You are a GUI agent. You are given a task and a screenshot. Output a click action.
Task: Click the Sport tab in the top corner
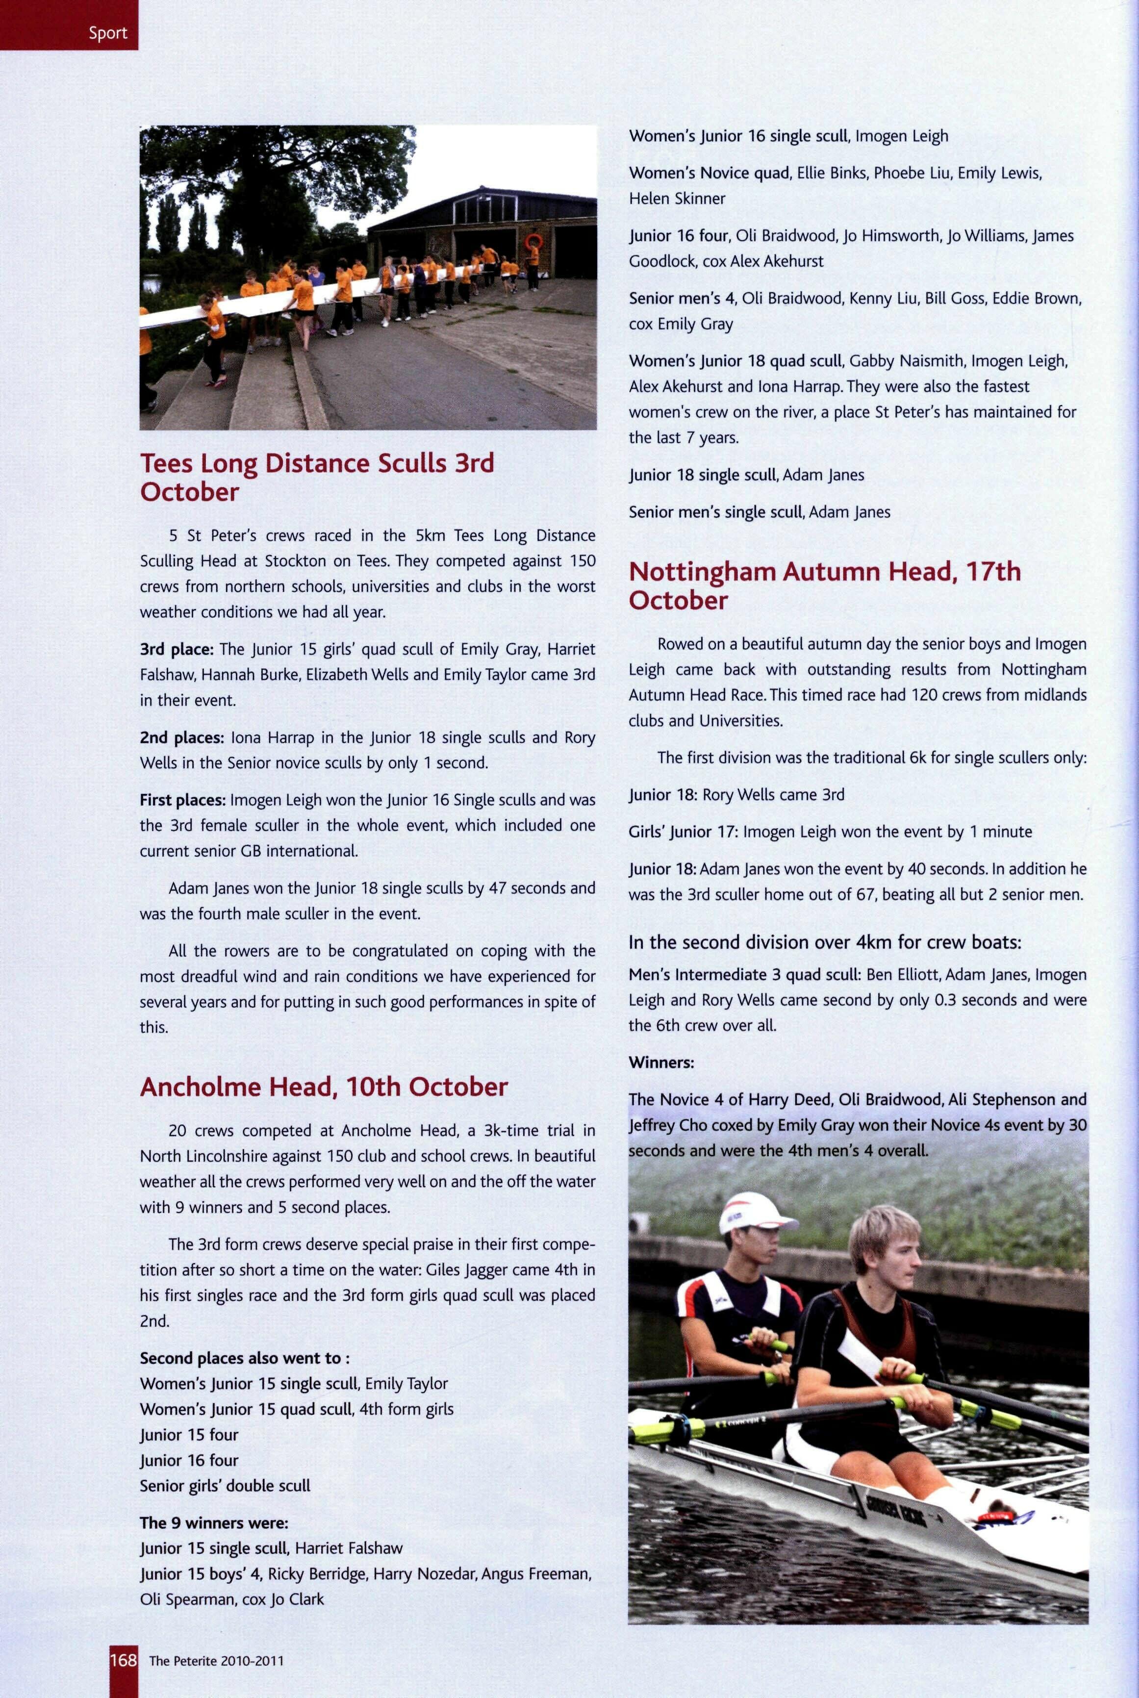click(x=107, y=33)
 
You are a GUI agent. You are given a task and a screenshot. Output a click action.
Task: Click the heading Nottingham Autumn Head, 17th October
click(x=825, y=585)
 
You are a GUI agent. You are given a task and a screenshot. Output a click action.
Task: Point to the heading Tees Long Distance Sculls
click(x=317, y=477)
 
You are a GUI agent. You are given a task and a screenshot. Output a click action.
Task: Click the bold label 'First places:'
click(x=183, y=800)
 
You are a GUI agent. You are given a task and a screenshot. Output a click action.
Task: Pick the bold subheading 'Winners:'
click(x=661, y=1062)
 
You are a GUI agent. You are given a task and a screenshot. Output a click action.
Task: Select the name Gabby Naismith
click(x=907, y=361)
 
